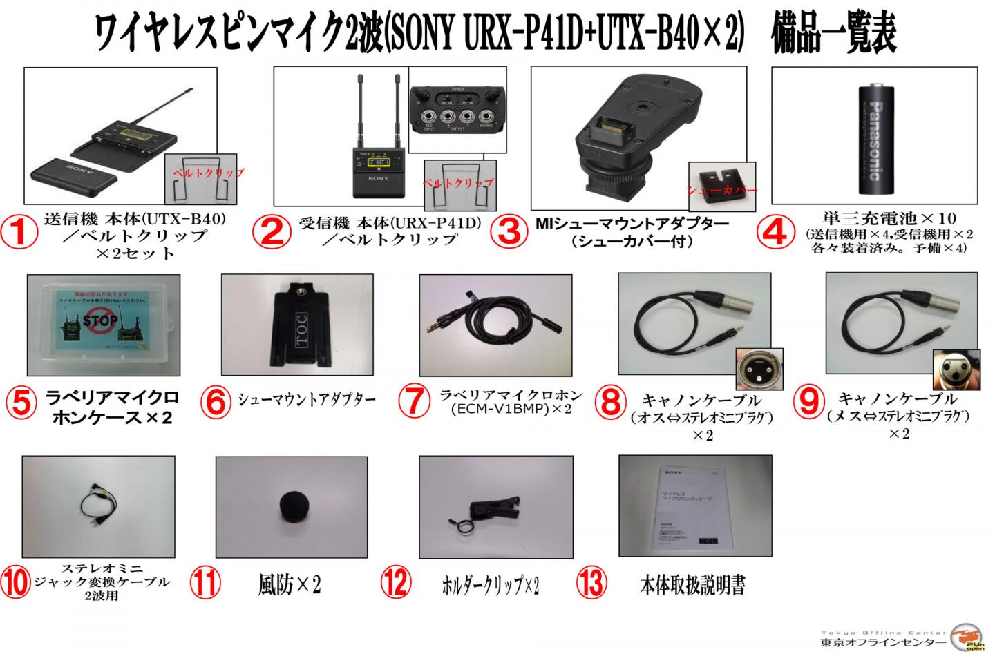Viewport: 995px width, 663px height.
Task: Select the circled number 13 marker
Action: pyautogui.click(x=591, y=584)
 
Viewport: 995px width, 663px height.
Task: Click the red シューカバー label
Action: pyautogui.click(x=721, y=189)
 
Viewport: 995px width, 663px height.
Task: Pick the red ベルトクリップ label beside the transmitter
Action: pyautogui.click(x=207, y=173)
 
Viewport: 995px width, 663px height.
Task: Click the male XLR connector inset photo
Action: pyautogui.click(x=759, y=369)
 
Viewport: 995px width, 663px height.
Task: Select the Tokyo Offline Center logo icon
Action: pyautogui.click(x=967, y=637)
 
